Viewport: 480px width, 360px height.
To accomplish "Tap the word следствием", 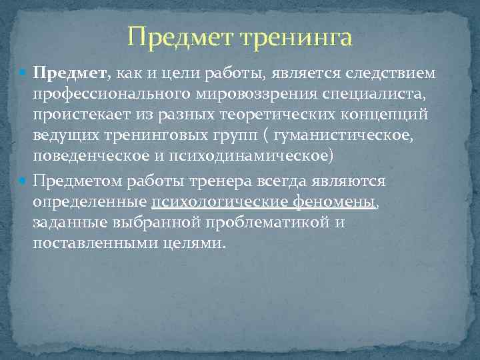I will [393, 71].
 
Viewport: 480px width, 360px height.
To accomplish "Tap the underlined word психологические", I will [219, 202].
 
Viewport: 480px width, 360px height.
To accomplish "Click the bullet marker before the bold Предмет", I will [24, 72].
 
